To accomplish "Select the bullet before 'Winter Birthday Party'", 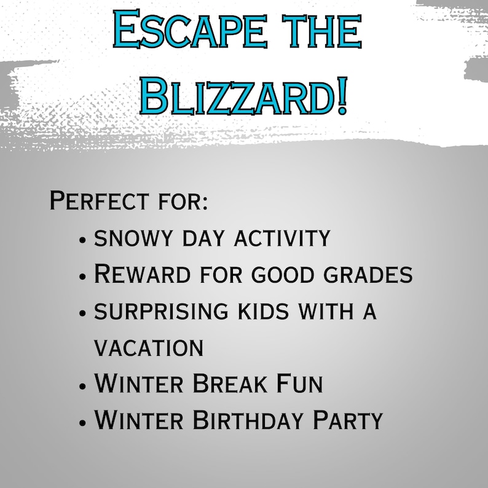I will tap(83, 423).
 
